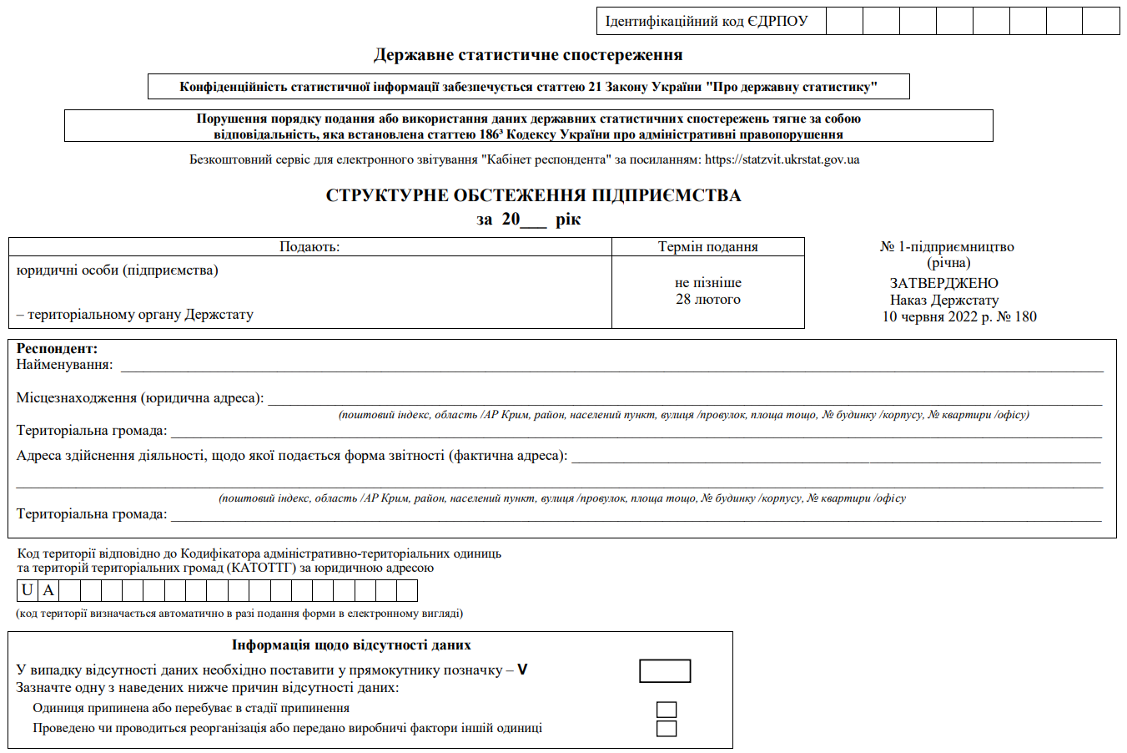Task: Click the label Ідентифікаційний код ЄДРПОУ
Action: click(x=707, y=22)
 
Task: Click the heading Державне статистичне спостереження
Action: click(x=528, y=55)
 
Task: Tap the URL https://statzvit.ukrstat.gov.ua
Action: click(x=782, y=159)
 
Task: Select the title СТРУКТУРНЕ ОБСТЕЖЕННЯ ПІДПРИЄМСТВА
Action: click(x=533, y=195)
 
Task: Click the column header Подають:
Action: click(x=309, y=247)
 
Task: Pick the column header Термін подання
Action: click(x=707, y=247)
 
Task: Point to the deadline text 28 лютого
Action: click(x=707, y=300)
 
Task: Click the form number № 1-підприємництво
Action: click(x=947, y=247)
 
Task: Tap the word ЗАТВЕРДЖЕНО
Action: click(x=943, y=284)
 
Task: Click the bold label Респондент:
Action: click(x=57, y=349)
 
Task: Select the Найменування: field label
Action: click(x=64, y=365)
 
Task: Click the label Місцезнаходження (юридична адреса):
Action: click(x=140, y=398)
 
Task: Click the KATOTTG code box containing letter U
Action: click(x=28, y=591)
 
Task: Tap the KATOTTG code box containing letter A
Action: click(x=48, y=591)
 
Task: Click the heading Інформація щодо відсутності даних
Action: click(x=351, y=645)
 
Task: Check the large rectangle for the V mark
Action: click(x=665, y=671)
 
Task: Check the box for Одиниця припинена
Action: click(x=667, y=710)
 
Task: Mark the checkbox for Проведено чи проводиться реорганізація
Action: click(x=667, y=729)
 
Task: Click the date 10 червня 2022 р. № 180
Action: click(x=959, y=317)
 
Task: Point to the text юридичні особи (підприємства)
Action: click(x=117, y=270)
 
